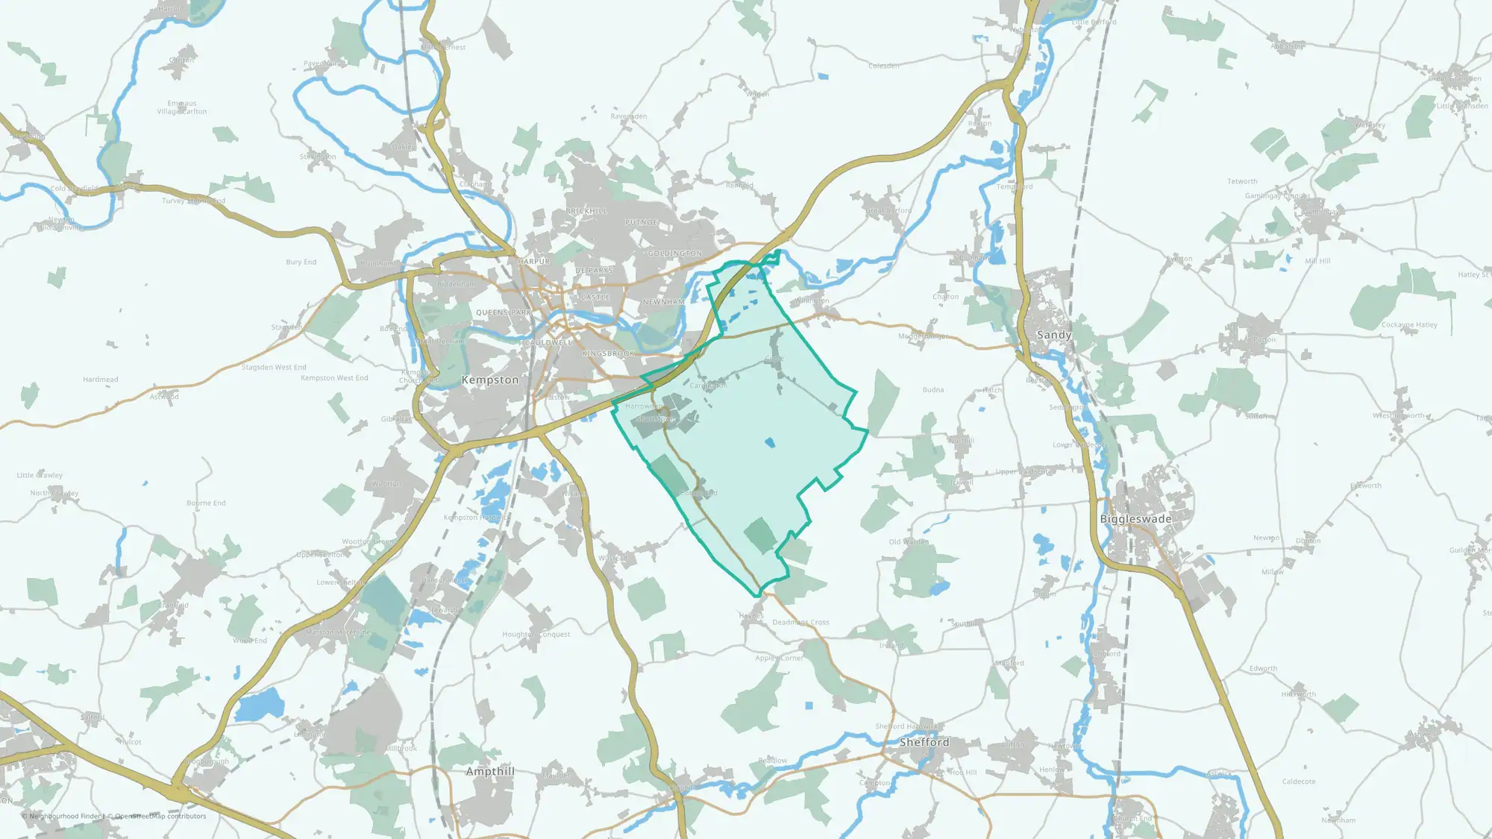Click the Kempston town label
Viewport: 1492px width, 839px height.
coord(489,380)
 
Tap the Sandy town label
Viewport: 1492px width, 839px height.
coord(1053,335)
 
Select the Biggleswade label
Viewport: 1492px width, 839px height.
coord(1135,519)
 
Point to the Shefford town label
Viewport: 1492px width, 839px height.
coord(924,742)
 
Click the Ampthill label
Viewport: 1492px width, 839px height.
coord(490,771)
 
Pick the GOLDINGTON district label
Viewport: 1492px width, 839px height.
coord(674,254)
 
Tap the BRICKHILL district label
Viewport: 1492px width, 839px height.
coord(586,211)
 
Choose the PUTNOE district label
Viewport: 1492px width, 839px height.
coord(642,222)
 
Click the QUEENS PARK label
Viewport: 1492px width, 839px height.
coord(504,312)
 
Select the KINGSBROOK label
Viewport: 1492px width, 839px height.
coord(609,353)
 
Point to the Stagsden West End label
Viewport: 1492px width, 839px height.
coord(274,367)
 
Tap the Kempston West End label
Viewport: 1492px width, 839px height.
coord(334,378)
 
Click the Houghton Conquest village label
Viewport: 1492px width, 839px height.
coord(536,635)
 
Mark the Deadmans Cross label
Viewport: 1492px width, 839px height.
coord(800,622)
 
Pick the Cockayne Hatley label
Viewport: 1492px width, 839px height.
coord(1408,325)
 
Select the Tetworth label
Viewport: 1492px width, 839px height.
coord(1242,181)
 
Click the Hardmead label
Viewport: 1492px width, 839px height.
coord(101,380)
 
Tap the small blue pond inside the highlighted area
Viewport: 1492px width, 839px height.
coord(770,443)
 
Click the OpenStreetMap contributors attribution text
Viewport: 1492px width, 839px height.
coord(160,816)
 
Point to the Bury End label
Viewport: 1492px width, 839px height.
coord(301,262)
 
